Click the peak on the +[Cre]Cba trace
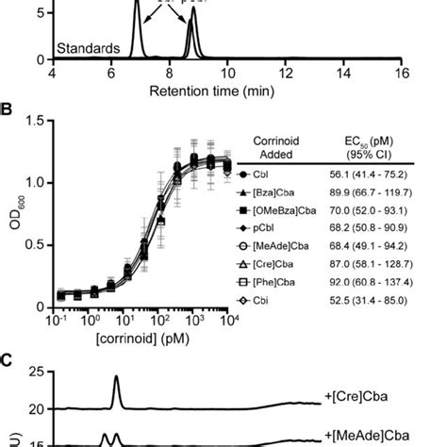point(116,378)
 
